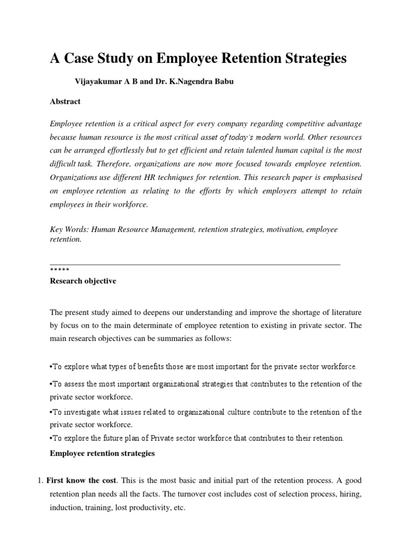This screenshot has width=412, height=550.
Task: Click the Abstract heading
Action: (65, 101)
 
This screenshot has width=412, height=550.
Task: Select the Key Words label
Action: (69, 229)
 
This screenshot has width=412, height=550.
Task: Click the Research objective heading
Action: (83, 281)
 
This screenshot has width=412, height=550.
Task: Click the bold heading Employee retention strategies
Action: (102, 453)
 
